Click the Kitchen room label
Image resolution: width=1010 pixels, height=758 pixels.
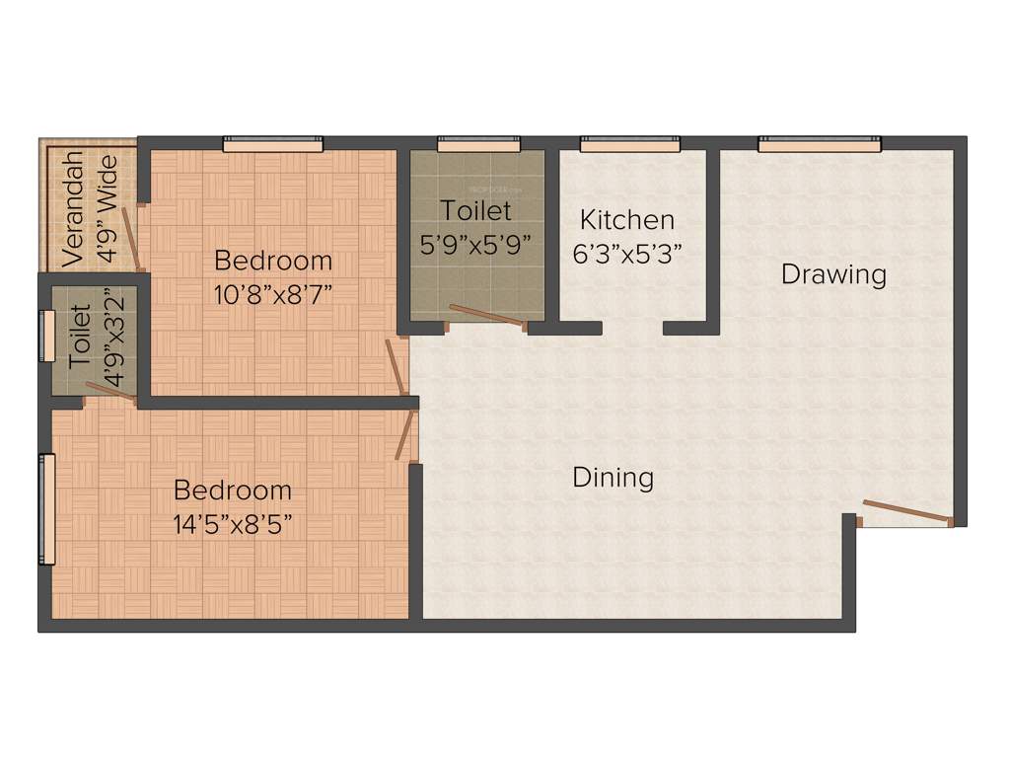click(626, 219)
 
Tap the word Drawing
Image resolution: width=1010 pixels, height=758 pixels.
click(833, 273)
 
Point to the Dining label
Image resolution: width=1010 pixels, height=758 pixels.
click(613, 478)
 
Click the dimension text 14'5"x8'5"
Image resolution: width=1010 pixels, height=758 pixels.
click(233, 522)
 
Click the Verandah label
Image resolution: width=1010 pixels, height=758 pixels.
click(72, 209)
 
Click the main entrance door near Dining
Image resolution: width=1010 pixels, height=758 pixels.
click(905, 513)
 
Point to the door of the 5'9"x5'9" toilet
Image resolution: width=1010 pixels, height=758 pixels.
click(485, 316)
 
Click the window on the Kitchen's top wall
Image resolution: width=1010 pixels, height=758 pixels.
click(630, 145)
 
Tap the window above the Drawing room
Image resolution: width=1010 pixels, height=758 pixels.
click(819, 145)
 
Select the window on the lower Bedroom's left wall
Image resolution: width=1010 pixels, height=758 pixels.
click(46, 508)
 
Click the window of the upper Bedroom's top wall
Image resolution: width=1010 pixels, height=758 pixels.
click(273, 145)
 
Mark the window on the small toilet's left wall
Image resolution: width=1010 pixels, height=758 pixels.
click(46, 336)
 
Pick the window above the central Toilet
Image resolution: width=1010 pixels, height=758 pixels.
click(478, 145)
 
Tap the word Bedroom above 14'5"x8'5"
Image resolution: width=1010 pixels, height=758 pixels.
click(233, 490)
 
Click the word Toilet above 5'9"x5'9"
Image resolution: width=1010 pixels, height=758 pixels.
click(476, 210)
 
